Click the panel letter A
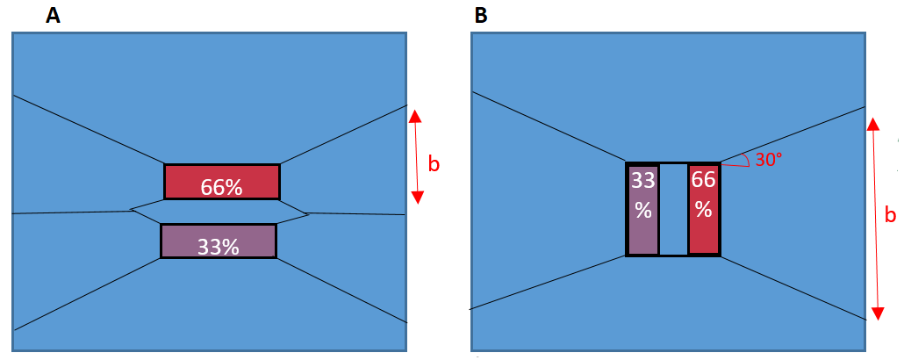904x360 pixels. (53, 16)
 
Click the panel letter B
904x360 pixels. (480, 16)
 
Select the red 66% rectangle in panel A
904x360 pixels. (222, 182)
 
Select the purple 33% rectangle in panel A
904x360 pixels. (219, 241)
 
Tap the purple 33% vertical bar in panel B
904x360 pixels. (643, 210)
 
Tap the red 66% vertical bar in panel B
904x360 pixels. (704, 210)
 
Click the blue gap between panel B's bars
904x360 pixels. (673, 210)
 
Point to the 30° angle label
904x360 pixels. (768, 161)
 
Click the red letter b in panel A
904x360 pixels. (434, 164)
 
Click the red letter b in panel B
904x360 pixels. (890, 214)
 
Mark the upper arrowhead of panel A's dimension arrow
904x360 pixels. (416, 115)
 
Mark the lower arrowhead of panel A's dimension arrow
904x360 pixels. (417, 197)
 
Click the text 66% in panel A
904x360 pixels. (222, 187)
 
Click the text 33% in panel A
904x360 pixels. (219, 247)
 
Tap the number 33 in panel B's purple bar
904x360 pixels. (643, 181)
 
